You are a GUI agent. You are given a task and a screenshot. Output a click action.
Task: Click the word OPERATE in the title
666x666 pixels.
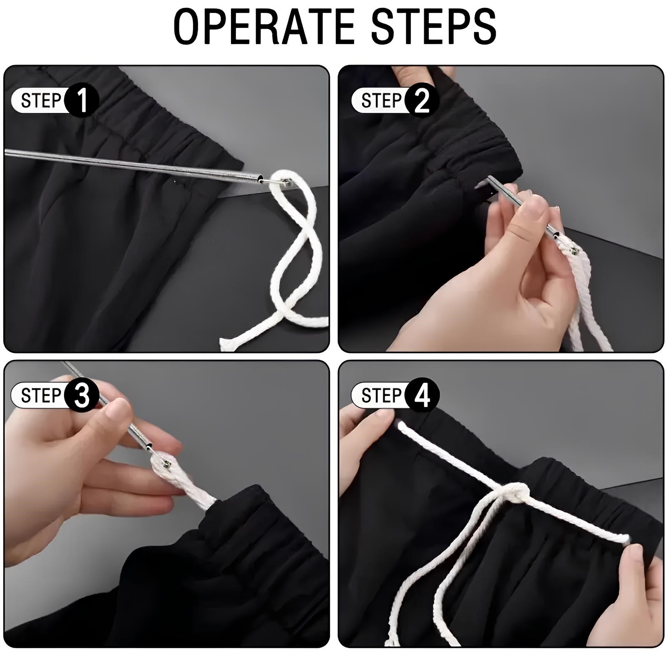263,27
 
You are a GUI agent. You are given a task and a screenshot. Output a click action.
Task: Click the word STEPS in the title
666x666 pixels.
433,27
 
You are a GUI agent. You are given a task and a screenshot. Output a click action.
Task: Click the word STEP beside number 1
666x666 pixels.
41,101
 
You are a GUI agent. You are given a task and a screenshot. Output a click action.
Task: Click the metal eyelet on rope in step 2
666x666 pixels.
575,250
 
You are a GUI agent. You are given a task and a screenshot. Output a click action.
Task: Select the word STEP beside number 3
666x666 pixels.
41,395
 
